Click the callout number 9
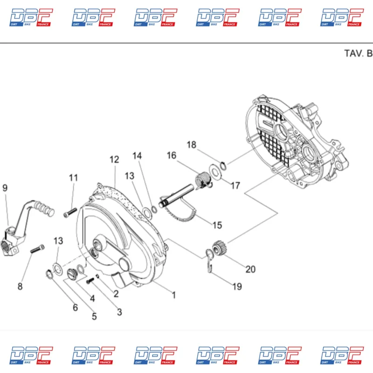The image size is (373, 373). click(5, 188)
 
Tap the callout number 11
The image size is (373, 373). click(74, 178)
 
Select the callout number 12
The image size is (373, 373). click(114, 159)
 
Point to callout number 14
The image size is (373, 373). click(137, 156)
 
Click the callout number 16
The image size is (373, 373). click(172, 155)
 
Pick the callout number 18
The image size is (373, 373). click(192, 145)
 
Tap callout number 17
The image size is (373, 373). click(235, 186)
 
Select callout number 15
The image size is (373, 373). click(217, 226)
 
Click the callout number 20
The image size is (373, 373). click(250, 269)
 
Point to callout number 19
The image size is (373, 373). click(237, 287)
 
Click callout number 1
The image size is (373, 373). click(174, 295)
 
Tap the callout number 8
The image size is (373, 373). click(20, 286)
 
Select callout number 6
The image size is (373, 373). click(75, 307)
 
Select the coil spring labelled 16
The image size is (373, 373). click(201, 180)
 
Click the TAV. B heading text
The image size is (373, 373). click(358, 53)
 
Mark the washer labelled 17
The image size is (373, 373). click(215, 171)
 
